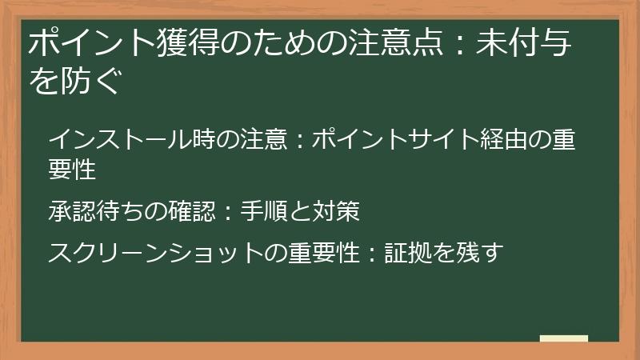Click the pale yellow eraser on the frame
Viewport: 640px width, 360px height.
tap(564, 339)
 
